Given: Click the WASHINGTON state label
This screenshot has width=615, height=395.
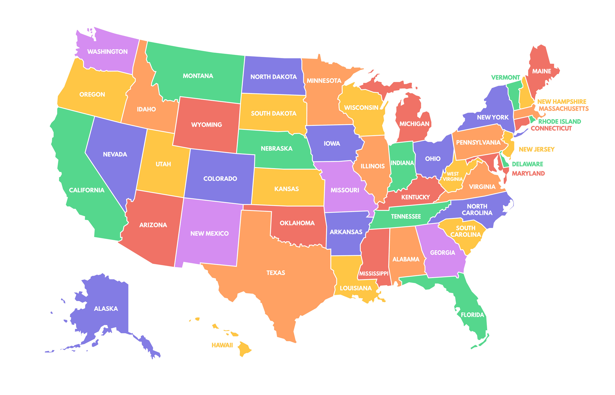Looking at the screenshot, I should pyautogui.click(x=107, y=52).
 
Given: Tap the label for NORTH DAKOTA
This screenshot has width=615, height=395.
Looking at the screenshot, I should pyautogui.click(x=273, y=77).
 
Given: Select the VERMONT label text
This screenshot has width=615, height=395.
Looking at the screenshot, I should pyautogui.click(x=506, y=77).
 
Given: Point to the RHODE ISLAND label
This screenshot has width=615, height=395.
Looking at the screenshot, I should pyautogui.click(x=559, y=122).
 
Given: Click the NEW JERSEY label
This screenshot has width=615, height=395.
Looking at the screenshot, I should pyautogui.click(x=537, y=149).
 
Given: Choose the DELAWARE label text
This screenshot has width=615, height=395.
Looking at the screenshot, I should pyautogui.click(x=528, y=164).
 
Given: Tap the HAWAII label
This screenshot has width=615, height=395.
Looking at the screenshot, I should pyautogui.click(x=222, y=345).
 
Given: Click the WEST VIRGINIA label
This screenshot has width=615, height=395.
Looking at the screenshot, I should pyautogui.click(x=453, y=176).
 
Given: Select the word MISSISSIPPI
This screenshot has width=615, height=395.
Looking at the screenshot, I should pyautogui.click(x=374, y=273).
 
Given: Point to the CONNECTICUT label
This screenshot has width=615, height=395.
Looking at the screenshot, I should pyautogui.click(x=551, y=128).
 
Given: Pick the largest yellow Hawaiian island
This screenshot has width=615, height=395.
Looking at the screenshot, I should pyautogui.click(x=244, y=349).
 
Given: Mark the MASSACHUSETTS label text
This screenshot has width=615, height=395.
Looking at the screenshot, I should pyautogui.click(x=563, y=109).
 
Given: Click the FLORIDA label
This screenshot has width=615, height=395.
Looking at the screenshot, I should pyautogui.click(x=472, y=315).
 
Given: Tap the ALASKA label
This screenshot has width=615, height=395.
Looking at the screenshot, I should pyautogui.click(x=106, y=308).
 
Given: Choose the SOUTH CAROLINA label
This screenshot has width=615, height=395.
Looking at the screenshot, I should pyautogui.click(x=465, y=231).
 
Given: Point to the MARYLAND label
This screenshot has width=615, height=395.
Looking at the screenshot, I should pyautogui.click(x=528, y=173).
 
